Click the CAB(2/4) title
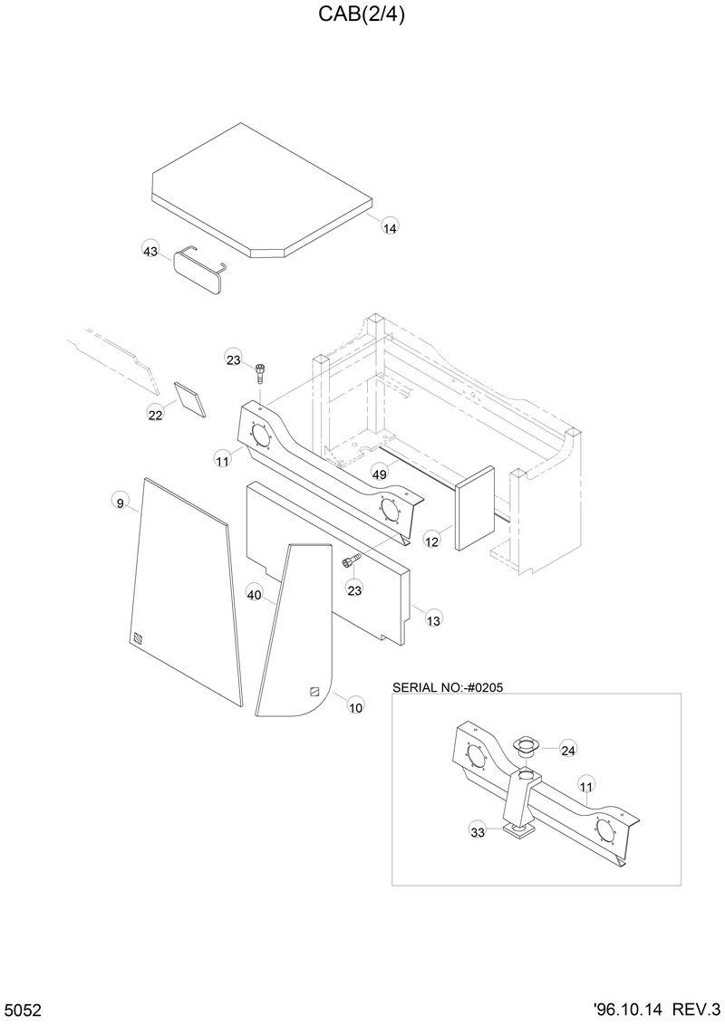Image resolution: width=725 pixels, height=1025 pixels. (x=362, y=14)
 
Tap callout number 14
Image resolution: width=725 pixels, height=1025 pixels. (x=389, y=228)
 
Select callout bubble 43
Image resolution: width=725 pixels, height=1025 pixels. (x=151, y=251)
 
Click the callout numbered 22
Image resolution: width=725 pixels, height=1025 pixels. (x=156, y=415)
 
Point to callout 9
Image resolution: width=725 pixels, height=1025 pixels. (x=120, y=503)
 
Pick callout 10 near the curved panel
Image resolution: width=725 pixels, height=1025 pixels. (x=355, y=707)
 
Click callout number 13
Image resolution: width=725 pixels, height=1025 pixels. (x=433, y=620)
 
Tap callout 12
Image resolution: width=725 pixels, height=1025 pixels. (x=432, y=541)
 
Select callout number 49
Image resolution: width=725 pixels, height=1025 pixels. (x=380, y=474)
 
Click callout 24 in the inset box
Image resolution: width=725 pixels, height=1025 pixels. (x=568, y=750)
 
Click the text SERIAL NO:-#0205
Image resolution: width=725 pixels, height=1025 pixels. (x=448, y=687)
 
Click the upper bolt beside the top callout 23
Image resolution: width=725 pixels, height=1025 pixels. (x=261, y=370)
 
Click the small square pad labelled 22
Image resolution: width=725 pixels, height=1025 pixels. (x=190, y=398)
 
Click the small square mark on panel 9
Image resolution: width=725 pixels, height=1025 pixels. (x=136, y=637)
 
